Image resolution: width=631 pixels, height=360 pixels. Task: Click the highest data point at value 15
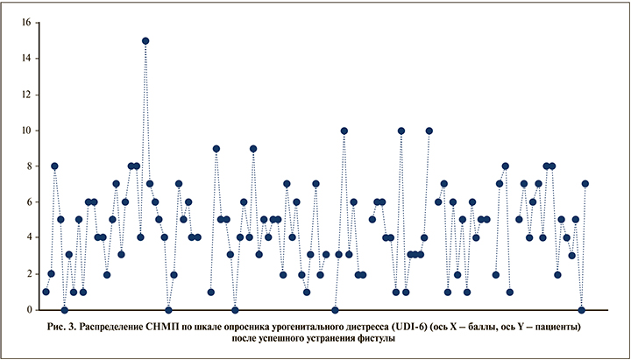[145, 40]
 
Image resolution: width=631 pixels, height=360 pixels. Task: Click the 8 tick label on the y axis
[28, 166]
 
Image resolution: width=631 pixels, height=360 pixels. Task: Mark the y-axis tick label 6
[28, 201]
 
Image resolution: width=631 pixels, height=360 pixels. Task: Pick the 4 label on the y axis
[28, 237]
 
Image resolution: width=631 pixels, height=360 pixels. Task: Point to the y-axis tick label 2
[28, 273]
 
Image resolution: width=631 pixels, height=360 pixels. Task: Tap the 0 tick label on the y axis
[28, 309]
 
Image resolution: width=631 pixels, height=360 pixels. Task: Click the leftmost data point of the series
[46, 292]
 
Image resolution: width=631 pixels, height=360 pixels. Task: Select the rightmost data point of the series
[585, 184]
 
